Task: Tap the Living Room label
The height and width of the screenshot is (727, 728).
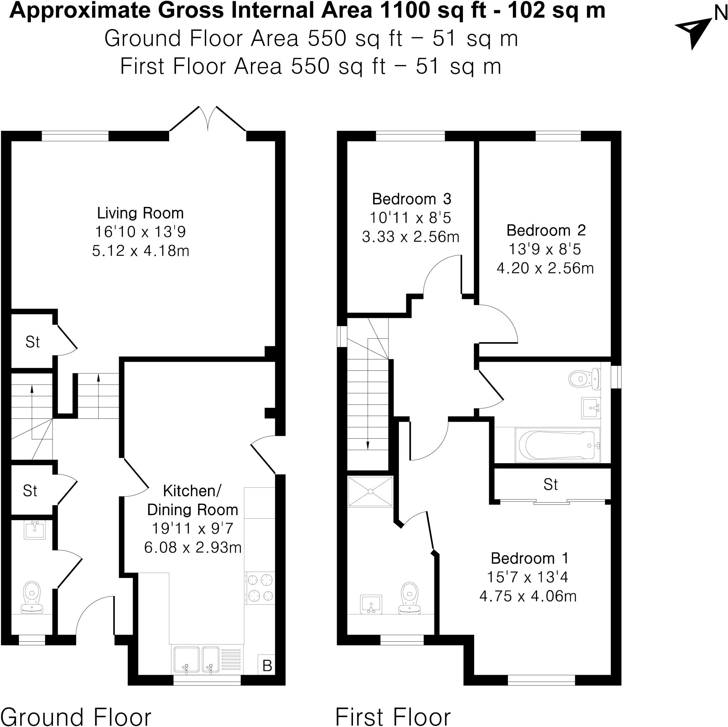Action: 140,213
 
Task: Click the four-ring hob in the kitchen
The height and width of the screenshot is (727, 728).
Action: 260,588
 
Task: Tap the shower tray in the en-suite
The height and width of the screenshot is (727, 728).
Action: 370,491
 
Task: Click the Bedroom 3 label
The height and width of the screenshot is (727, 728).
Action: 412,199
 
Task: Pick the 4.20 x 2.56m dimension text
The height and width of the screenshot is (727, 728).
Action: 545,268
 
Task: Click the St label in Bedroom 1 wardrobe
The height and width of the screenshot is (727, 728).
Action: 551,485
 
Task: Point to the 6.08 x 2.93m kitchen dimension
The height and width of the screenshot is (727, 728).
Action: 193,547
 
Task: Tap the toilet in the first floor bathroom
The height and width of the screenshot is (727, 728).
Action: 583,378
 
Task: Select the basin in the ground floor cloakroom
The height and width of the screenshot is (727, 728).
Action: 35,529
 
